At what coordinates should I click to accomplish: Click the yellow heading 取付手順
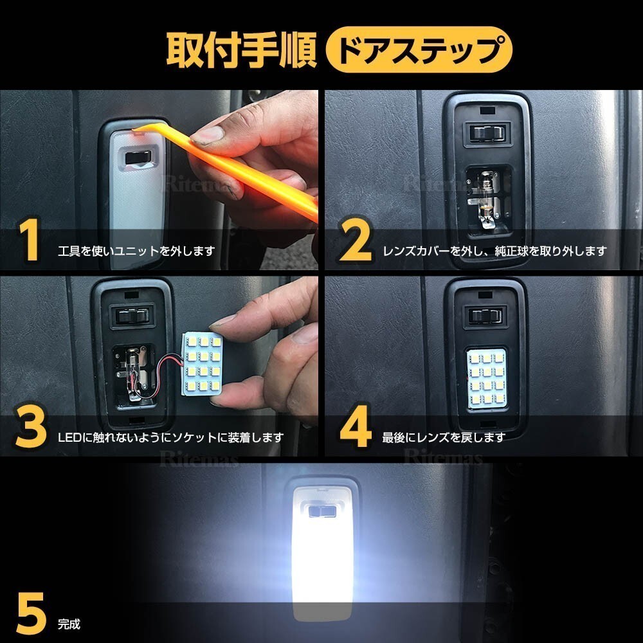(241, 50)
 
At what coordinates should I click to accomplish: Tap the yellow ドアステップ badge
(419, 50)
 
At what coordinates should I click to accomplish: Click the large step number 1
(29, 240)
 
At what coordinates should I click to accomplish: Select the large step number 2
(355, 240)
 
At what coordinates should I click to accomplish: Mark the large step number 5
(31, 613)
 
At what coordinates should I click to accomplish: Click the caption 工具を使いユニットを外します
(136, 251)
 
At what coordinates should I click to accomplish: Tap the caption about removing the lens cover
(494, 251)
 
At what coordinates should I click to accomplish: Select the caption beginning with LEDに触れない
(170, 437)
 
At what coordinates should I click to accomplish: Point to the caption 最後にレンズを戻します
(444, 437)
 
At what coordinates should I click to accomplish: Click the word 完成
(69, 624)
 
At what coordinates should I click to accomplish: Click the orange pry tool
(230, 168)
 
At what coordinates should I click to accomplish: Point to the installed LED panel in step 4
(486, 379)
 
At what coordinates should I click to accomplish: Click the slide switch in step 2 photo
(487, 133)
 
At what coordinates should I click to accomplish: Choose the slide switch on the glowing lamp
(322, 511)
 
